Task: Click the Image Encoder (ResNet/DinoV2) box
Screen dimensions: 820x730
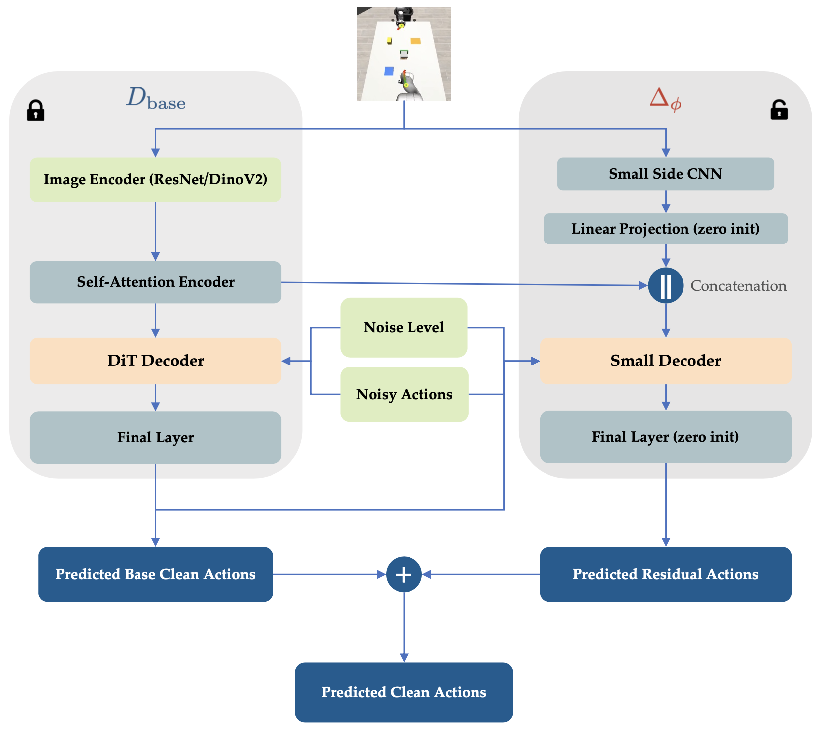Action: [x=155, y=180]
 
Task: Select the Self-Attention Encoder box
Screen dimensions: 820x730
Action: [x=155, y=282]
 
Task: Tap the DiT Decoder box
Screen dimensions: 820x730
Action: [x=155, y=361]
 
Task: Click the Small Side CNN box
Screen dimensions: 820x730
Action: [x=666, y=174]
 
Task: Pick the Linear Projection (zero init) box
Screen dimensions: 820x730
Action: [x=666, y=229]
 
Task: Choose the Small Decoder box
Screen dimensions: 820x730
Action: [x=666, y=361]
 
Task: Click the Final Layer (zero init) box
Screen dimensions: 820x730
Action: [x=666, y=437]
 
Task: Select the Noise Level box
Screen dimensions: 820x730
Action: [x=404, y=327]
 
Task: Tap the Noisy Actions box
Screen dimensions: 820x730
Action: [x=405, y=394]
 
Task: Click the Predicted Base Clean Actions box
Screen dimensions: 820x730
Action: [x=155, y=574]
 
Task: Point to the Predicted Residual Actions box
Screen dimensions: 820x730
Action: [x=666, y=574]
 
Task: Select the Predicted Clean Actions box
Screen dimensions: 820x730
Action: [x=404, y=692]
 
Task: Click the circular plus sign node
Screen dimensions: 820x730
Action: [x=404, y=574]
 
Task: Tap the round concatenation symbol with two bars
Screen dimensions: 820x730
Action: [x=666, y=286]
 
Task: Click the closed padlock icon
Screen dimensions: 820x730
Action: [x=36, y=110]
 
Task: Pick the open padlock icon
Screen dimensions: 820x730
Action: [x=779, y=110]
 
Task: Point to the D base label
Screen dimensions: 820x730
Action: [x=155, y=98]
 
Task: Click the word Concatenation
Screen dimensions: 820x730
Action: [x=738, y=286]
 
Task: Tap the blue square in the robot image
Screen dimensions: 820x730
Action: [x=389, y=71]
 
